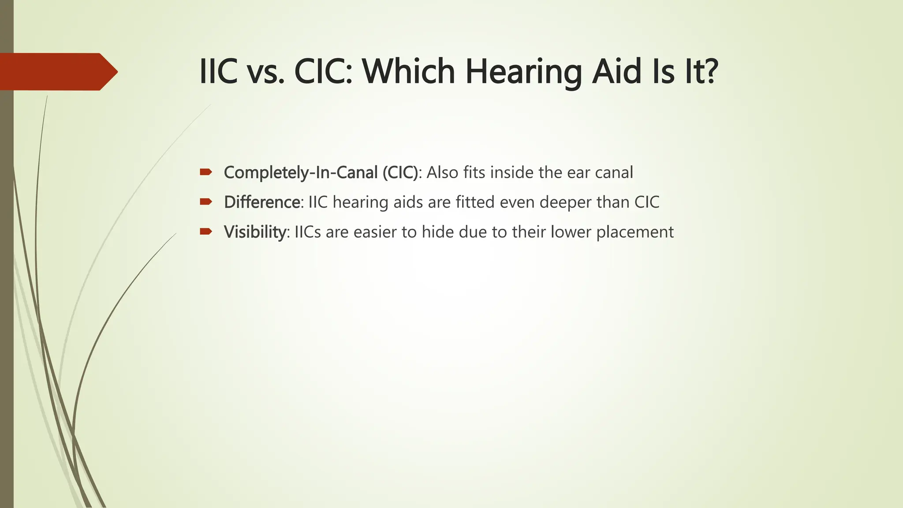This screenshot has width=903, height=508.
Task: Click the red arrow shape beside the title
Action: [x=57, y=71]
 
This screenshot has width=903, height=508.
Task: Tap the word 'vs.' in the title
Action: [x=265, y=72]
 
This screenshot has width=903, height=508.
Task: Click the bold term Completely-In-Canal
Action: [x=301, y=172]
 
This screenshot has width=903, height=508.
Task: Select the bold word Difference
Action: [x=262, y=202]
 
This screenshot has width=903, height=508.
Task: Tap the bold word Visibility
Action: [x=255, y=232]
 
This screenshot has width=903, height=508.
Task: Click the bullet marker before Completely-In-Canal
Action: [x=206, y=172]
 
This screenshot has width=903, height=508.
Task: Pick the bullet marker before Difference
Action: [x=206, y=202]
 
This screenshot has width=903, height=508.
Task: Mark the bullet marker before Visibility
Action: [x=206, y=232]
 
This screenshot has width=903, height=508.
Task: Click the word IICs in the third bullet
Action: [x=307, y=232]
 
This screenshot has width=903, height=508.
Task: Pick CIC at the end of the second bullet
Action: [x=647, y=202]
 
